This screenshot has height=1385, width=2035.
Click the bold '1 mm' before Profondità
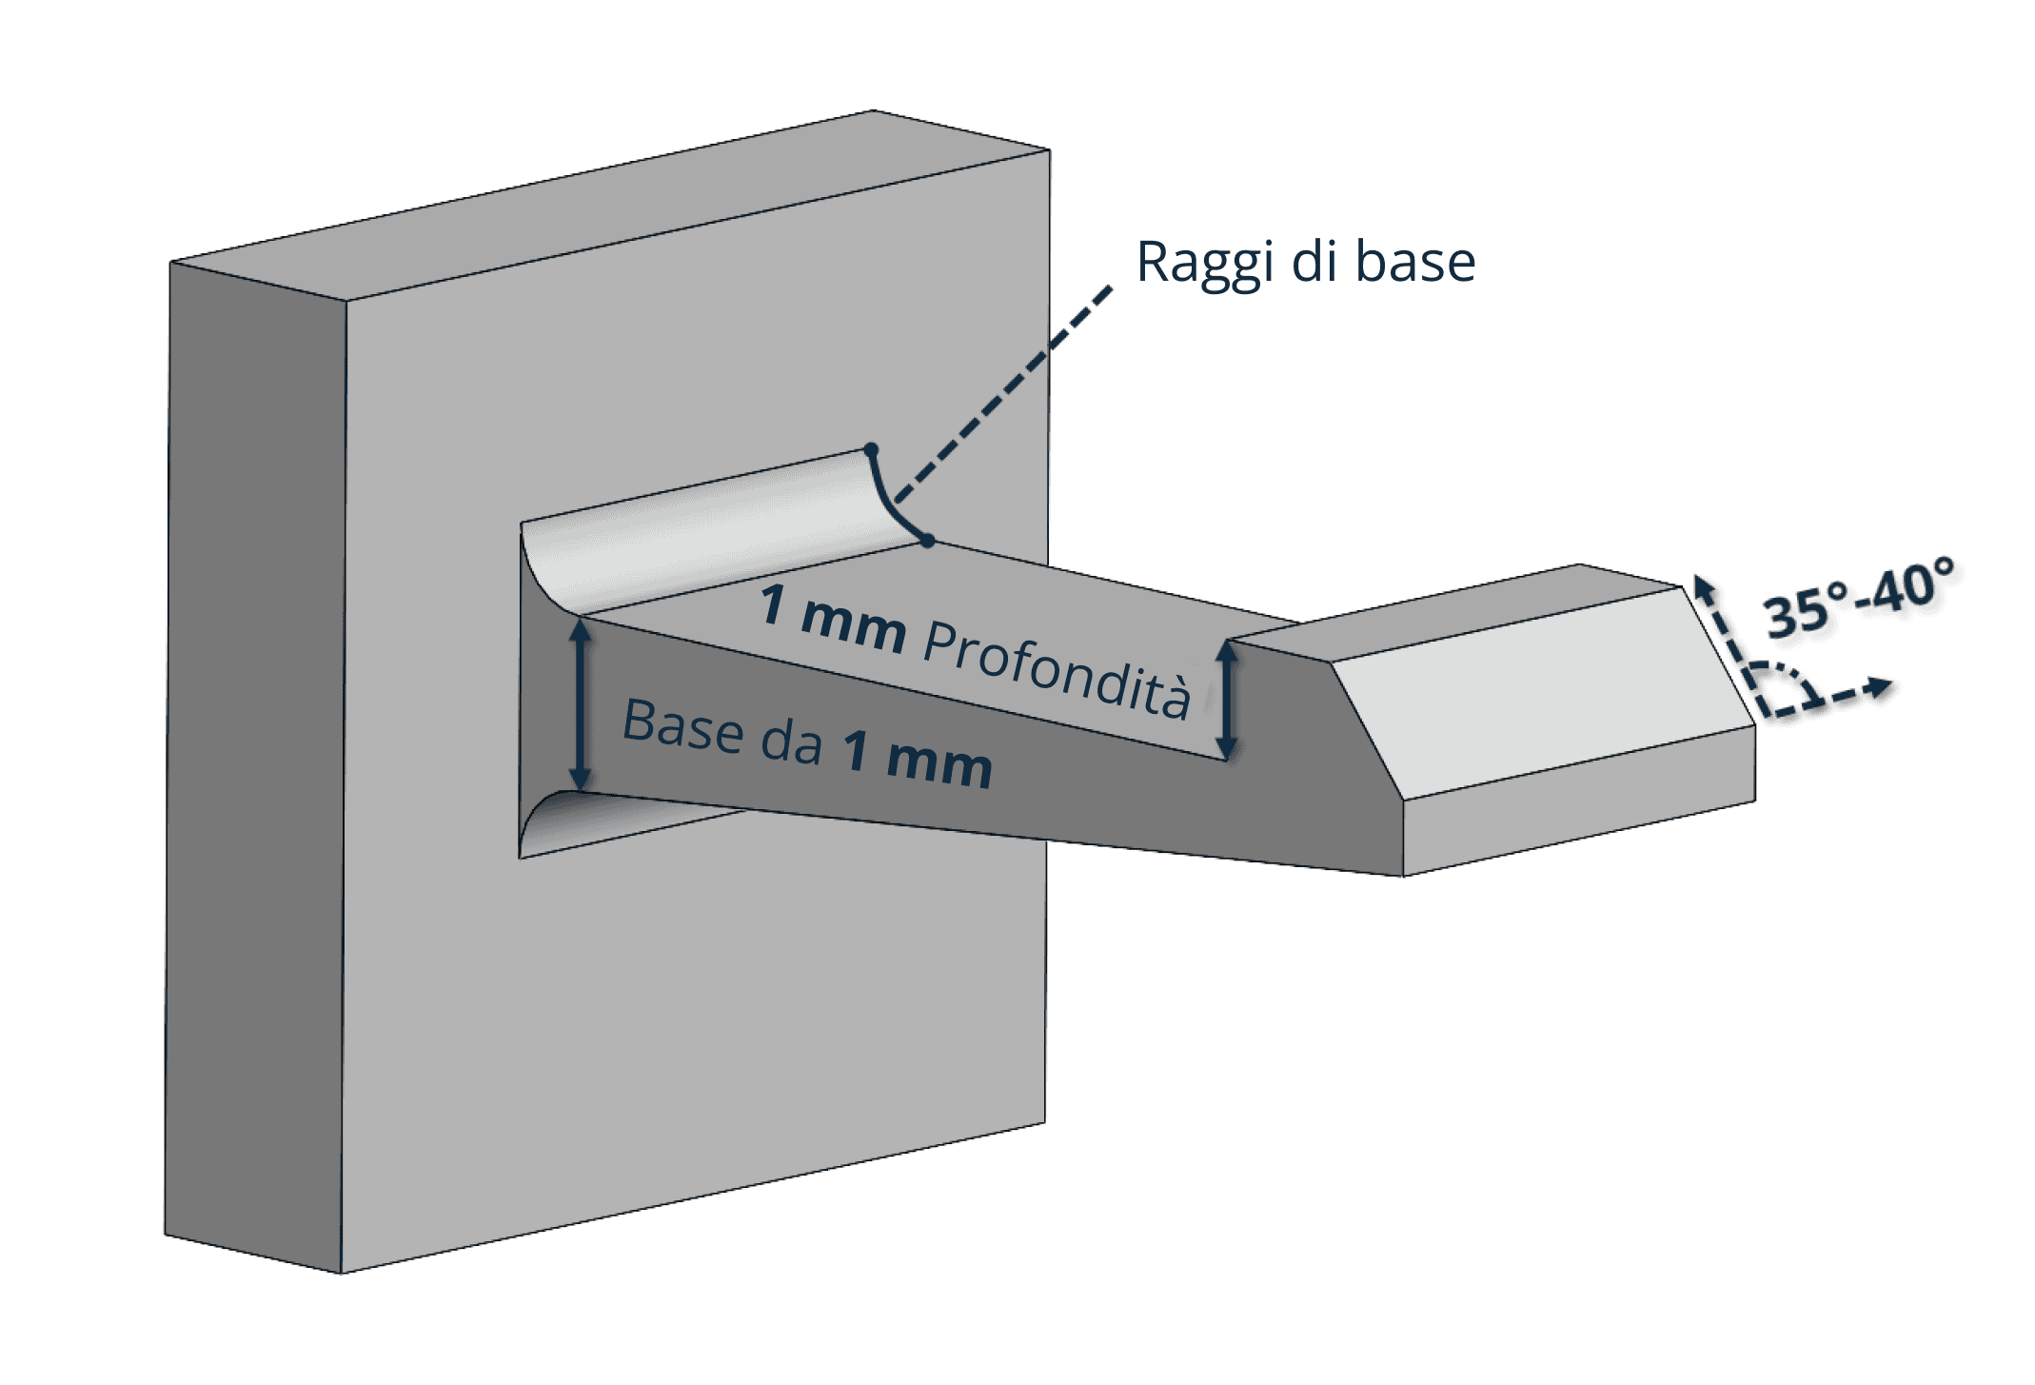coord(832,619)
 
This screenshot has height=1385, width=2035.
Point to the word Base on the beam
coord(682,726)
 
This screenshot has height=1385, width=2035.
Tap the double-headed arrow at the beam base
coord(580,704)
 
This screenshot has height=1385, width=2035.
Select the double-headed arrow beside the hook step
coord(1228,700)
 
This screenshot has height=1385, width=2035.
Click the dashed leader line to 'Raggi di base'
coord(1004,390)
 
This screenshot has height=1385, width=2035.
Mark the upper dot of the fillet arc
coord(870,448)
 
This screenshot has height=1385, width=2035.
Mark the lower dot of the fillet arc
coord(928,541)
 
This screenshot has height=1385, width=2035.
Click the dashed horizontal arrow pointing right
coord(1847,693)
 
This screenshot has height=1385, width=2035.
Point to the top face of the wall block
coord(609,205)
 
